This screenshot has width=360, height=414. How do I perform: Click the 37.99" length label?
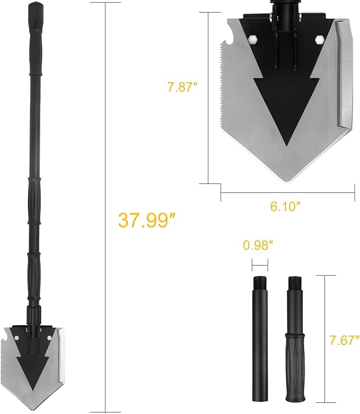pyautogui.click(x=147, y=220)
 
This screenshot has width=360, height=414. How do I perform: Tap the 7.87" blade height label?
pyautogui.click(x=183, y=87)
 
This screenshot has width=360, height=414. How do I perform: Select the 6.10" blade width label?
pyautogui.click(x=286, y=206)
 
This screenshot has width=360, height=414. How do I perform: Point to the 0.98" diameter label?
pyautogui.click(x=258, y=245)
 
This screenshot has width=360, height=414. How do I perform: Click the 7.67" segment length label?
pyautogui.click(x=345, y=340)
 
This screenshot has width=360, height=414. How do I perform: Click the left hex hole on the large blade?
pyautogui.click(x=253, y=40)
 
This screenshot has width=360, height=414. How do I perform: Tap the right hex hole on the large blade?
pyautogui.click(x=320, y=40)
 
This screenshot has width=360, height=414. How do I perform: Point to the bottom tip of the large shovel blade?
pyautogui.click(x=286, y=182)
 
